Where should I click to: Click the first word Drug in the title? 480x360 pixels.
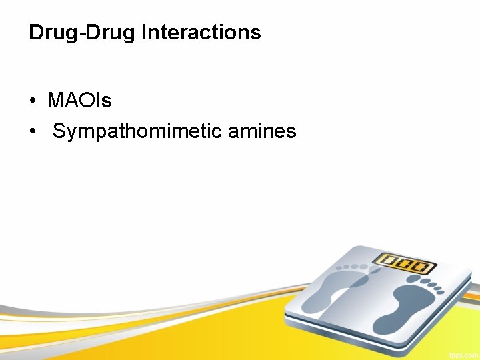49,33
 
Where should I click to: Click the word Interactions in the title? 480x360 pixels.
201,32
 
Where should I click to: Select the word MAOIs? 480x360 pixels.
79,101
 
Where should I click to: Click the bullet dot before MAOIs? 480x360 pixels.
32,101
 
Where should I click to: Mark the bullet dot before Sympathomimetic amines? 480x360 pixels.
32,132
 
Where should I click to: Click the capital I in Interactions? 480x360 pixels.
144,32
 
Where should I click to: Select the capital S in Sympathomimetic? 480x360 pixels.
59,131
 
